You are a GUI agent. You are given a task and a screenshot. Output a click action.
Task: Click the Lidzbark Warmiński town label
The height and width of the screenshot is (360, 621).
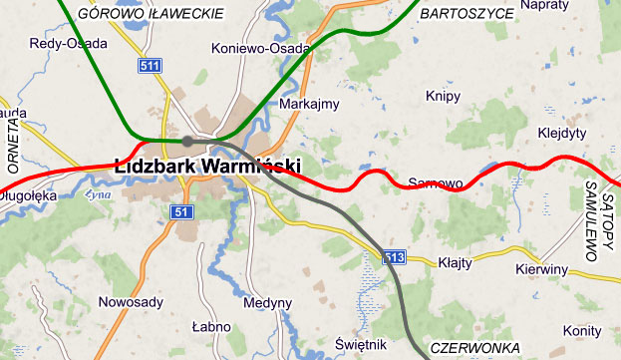click(206, 166)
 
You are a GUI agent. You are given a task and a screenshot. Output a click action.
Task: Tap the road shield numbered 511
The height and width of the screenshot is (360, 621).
click(150, 66)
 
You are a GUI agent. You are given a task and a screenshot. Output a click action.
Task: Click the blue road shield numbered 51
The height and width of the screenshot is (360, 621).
click(179, 212)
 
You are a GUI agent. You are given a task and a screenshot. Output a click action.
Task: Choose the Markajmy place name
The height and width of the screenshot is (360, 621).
click(310, 104)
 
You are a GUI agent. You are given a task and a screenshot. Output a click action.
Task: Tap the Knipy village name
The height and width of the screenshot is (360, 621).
click(443, 96)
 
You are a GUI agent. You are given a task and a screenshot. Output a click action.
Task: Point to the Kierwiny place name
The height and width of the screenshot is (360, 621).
click(541, 269)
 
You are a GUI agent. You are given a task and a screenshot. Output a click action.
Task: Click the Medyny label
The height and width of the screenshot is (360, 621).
click(268, 303)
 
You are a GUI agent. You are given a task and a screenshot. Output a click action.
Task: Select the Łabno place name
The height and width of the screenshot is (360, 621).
click(211, 326)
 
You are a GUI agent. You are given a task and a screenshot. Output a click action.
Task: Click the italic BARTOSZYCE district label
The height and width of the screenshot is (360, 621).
click(466, 13)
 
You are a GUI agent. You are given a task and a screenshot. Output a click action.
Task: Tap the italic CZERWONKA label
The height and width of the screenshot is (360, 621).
click(475, 348)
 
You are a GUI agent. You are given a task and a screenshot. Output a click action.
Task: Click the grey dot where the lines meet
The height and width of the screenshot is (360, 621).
click(186, 141)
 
